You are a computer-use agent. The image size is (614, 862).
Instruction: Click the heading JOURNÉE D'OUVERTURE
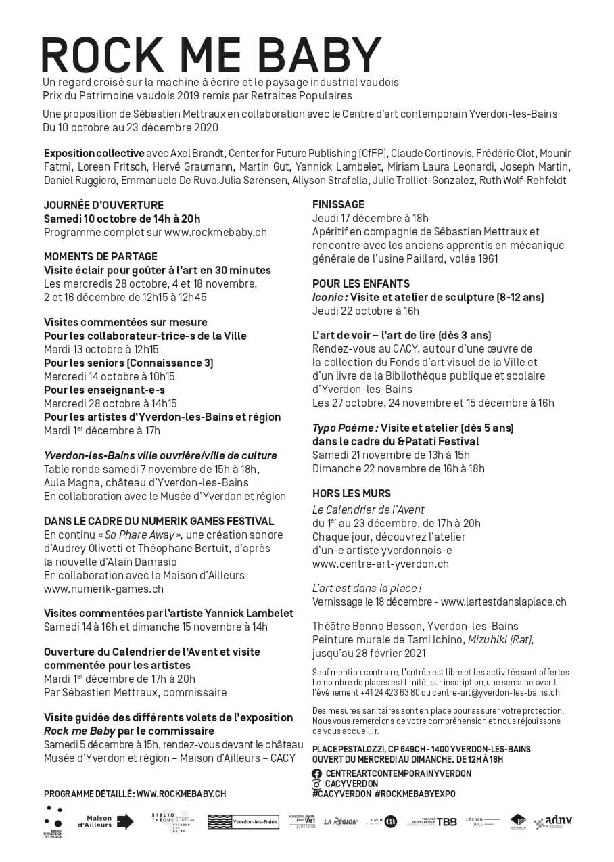pyautogui.click(x=103, y=205)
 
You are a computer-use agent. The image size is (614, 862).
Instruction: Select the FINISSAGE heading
pyautogui.click(x=338, y=204)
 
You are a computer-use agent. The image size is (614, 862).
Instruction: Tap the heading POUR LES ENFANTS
pyautogui.click(x=361, y=283)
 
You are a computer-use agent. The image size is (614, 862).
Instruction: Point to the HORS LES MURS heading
pyautogui.click(x=352, y=493)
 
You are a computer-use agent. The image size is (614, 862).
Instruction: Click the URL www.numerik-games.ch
pyautogui.click(x=103, y=589)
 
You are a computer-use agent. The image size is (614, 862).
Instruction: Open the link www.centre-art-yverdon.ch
pyautogui.click(x=381, y=564)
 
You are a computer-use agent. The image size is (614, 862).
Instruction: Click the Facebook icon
pyautogui.click(x=316, y=773)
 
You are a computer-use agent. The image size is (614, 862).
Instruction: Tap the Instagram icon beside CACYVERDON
pyautogui.click(x=316, y=784)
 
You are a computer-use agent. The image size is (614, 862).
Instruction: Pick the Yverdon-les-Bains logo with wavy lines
pyautogui.click(x=243, y=822)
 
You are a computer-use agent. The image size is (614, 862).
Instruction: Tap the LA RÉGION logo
pyautogui.click(x=341, y=822)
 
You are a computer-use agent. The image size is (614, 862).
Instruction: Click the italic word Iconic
pyautogui.click(x=329, y=297)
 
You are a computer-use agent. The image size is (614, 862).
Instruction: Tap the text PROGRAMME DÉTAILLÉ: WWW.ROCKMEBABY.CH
pyautogui.click(x=135, y=794)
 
